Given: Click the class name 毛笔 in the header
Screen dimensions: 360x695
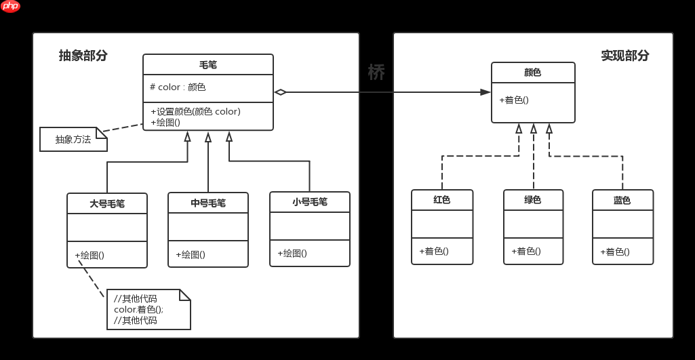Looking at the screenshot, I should coord(208,65).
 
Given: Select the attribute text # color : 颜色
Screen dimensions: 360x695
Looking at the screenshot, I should coord(178,87).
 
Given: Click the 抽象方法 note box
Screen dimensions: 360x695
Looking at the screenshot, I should coord(73,140).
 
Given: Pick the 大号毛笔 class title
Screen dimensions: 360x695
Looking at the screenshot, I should coord(107,203).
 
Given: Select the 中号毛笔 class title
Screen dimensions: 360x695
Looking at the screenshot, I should coord(208,203).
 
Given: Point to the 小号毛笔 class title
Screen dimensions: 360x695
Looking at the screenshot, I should coord(310,202).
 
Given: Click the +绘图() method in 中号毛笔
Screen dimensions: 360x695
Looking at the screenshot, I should coord(191,255).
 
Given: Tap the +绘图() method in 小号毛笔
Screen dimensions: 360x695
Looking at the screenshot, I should coord(292,254).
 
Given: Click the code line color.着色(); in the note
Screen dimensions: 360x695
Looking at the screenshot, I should coord(139,310).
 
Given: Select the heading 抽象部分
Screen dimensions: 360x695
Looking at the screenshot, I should coord(83,56).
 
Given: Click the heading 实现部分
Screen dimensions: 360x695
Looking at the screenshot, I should coord(625,56).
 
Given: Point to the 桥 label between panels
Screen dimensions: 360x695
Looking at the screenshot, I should coord(376,73).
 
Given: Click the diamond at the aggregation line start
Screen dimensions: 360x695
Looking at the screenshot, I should coord(281,92).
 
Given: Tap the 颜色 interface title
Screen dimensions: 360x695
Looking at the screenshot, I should coord(533,73).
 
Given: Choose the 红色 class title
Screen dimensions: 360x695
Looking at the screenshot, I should coord(442,200).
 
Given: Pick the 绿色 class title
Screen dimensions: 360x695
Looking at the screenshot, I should coord(533,200).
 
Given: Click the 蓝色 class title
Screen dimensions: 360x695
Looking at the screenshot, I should coord(622,200).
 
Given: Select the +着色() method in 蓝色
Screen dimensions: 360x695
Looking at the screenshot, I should coord(615,252).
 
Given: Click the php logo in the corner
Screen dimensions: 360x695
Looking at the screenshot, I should coord(10,7).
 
